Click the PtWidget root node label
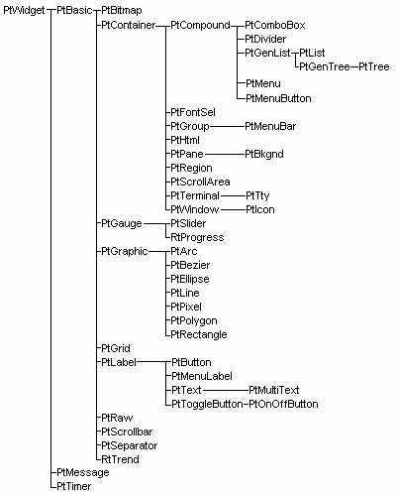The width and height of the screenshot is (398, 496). point(24,11)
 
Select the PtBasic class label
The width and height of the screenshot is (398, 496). point(74,10)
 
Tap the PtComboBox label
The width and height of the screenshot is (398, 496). point(275,25)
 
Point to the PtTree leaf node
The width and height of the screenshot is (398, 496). point(374,66)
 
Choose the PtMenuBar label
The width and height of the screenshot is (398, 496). point(270,126)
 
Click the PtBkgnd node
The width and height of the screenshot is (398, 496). point(264,155)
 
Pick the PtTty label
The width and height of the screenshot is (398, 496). point(257,196)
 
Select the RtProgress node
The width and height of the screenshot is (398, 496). point(197,238)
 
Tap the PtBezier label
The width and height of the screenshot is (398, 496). point(190,265)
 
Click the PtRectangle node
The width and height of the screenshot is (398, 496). point(199,334)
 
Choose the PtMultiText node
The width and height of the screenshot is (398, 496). point(274,390)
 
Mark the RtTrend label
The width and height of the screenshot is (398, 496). point(120,459)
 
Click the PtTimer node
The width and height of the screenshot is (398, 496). point(74,486)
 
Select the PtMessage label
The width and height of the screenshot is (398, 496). point(83,473)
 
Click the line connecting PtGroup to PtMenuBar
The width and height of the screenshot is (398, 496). point(227,126)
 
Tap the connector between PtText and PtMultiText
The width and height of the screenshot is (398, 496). point(226,390)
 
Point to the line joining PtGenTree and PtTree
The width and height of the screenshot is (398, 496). point(354,66)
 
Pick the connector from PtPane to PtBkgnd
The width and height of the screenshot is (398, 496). point(225,154)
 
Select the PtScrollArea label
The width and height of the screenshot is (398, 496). point(200,183)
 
